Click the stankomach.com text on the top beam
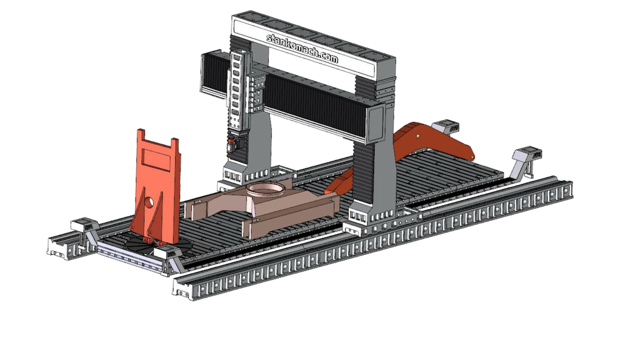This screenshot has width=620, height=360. [x=303, y=48]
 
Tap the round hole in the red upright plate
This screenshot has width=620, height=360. [x=150, y=202]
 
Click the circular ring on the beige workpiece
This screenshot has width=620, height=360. [x=265, y=190]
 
